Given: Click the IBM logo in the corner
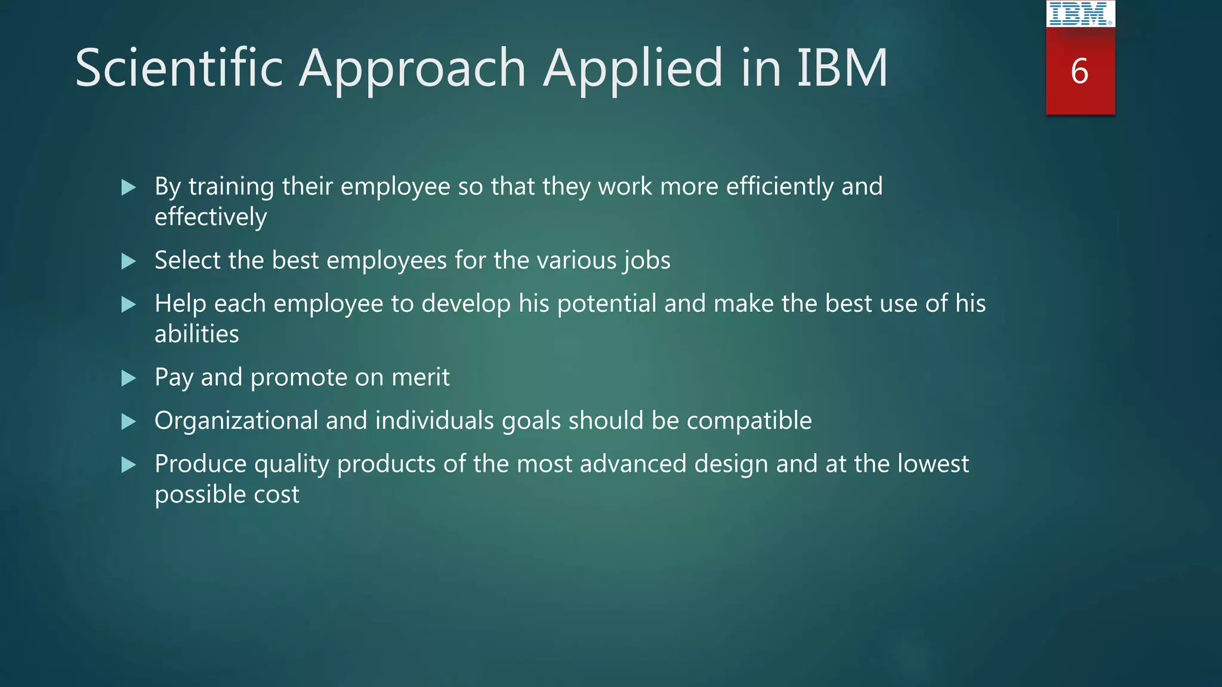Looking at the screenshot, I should tap(1080, 14).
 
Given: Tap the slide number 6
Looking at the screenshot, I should tap(1079, 72).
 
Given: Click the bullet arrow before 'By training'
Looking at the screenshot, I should tap(128, 188).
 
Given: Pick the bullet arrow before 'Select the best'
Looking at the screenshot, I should tap(128, 261).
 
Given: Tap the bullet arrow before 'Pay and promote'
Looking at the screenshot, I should tap(128, 378).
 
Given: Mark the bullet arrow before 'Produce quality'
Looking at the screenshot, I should tap(128, 465).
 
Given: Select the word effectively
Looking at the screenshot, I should tap(211, 217).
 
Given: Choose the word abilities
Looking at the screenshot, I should tap(196, 334).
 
